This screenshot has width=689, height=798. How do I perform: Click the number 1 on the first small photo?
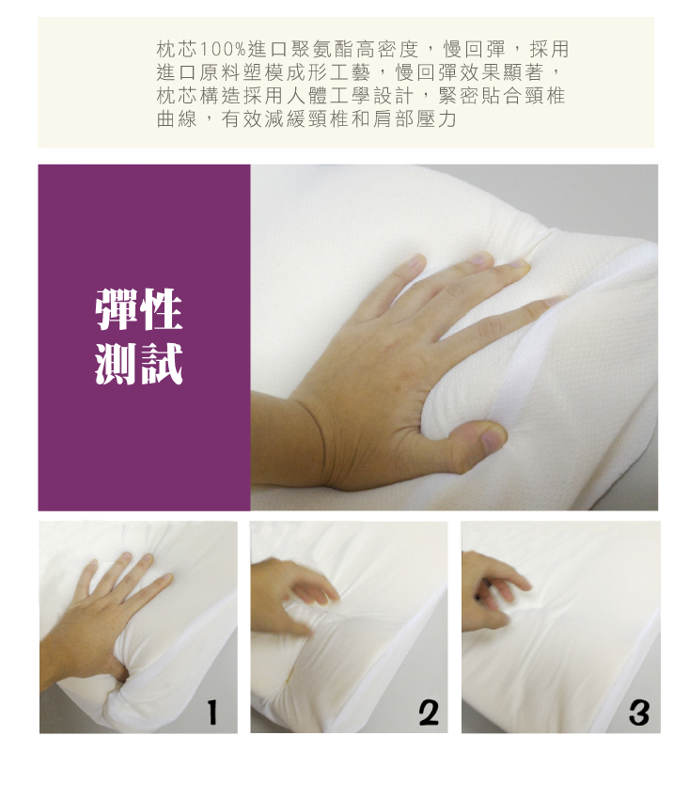[x=212, y=712]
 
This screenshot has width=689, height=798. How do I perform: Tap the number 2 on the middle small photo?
[x=429, y=712]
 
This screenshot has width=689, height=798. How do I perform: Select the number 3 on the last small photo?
[x=639, y=712]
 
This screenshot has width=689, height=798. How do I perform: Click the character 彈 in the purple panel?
[x=117, y=309]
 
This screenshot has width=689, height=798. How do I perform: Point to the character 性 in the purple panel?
[x=161, y=309]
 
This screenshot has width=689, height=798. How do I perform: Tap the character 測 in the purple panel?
[x=117, y=364]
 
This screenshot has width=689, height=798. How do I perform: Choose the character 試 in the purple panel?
[x=161, y=364]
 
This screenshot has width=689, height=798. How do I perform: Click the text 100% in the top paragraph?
[x=223, y=50]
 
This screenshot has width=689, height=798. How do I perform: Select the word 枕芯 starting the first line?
[x=177, y=50]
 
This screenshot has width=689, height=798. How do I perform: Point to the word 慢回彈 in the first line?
[x=475, y=50]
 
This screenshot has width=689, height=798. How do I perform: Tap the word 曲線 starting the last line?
[x=177, y=118]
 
